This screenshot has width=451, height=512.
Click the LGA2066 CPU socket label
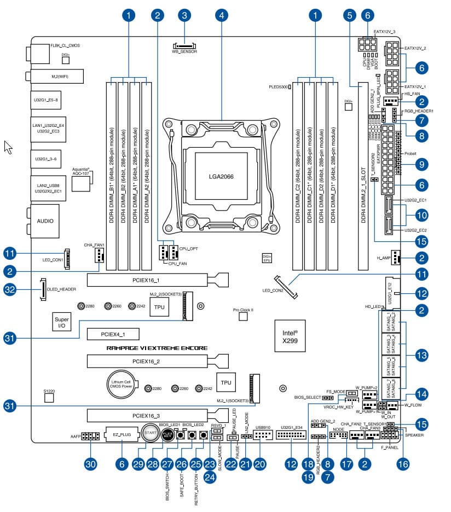click(221, 177)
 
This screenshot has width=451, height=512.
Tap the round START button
click(150, 433)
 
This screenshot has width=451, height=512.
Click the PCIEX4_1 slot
click(113, 333)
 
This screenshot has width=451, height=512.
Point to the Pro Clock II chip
click(243, 319)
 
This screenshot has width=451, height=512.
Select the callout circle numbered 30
click(91, 464)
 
